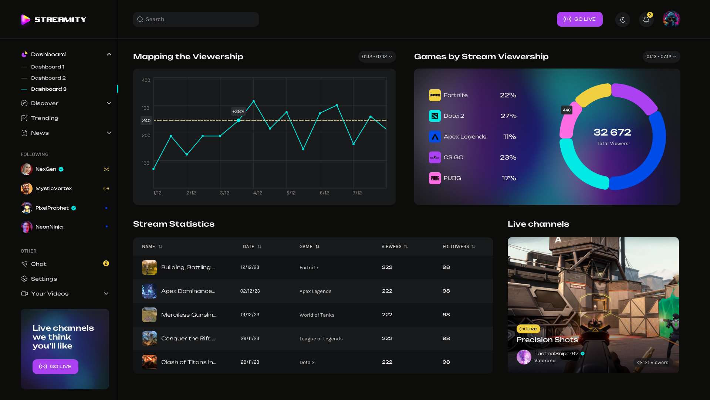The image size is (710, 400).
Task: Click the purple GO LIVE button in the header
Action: click(x=579, y=19)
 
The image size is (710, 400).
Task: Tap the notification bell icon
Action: click(x=646, y=20)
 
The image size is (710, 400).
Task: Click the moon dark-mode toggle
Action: click(x=623, y=20)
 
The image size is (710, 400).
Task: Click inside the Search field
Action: click(x=196, y=19)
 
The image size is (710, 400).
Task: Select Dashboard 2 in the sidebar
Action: click(x=48, y=78)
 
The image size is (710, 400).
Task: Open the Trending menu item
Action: click(x=45, y=118)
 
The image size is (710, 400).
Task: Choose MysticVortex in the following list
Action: click(x=54, y=189)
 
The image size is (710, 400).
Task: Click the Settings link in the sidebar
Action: click(x=44, y=279)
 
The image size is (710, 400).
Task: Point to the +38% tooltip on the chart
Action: click(x=238, y=111)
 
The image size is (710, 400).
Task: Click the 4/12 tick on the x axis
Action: click(x=258, y=193)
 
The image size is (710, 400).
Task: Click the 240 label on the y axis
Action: click(x=146, y=121)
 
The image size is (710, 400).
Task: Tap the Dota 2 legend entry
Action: click(x=454, y=116)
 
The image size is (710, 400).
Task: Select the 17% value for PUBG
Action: click(x=509, y=178)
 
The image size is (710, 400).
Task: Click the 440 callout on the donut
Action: click(x=567, y=110)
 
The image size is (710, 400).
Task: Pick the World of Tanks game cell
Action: click(x=317, y=315)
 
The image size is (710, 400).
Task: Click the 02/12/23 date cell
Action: click(x=250, y=291)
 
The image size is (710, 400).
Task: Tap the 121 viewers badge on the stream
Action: click(x=652, y=363)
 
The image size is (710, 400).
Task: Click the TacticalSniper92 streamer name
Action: click(x=556, y=354)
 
